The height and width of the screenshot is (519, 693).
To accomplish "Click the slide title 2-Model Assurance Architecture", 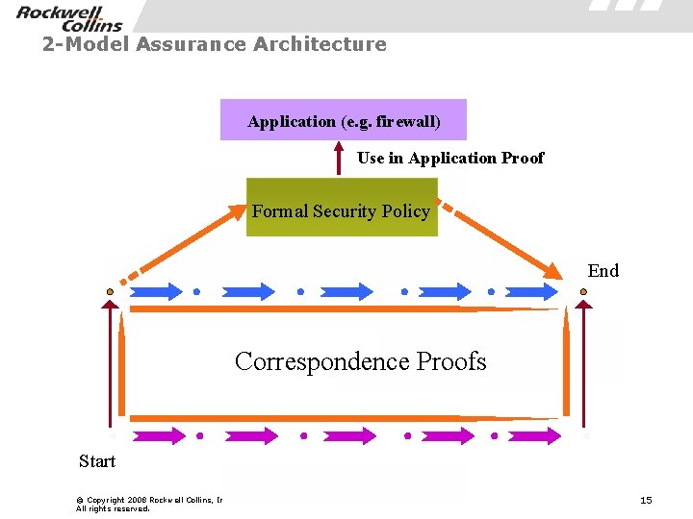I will pyautogui.click(x=214, y=44).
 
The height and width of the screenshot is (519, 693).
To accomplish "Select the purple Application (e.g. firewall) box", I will pyautogui.click(x=344, y=120).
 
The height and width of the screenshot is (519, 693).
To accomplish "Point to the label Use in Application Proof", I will pyautogui.click(x=450, y=158).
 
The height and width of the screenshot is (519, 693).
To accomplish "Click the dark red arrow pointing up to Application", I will pyautogui.click(x=339, y=158).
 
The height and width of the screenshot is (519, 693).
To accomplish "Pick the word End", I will pyautogui.click(x=603, y=270).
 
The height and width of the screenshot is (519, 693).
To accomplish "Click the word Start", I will pyautogui.click(x=97, y=461).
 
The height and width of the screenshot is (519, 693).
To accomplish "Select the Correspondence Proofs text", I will pyautogui.click(x=361, y=361).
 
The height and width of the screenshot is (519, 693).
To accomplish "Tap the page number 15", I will pyautogui.click(x=646, y=500).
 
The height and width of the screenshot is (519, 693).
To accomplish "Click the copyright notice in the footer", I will pyautogui.click(x=149, y=504).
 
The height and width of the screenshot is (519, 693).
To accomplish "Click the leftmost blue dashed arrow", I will pyautogui.click(x=154, y=290).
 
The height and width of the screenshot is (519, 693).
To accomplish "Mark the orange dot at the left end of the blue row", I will pyautogui.click(x=110, y=290).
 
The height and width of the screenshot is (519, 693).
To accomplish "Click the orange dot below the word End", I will pyautogui.click(x=583, y=290).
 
